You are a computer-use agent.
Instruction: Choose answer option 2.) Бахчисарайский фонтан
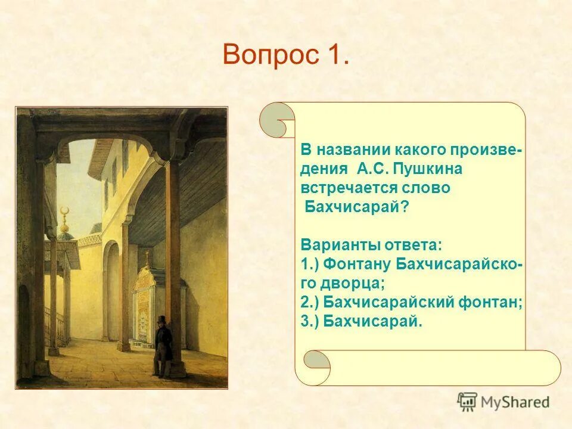pyautogui.click(x=411, y=302)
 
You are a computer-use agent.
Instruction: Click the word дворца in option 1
pyautogui.click(x=351, y=283)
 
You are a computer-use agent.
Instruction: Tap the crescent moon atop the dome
pyautogui.click(x=66, y=212)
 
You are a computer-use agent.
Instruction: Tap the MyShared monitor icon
pyautogui.click(x=468, y=402)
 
